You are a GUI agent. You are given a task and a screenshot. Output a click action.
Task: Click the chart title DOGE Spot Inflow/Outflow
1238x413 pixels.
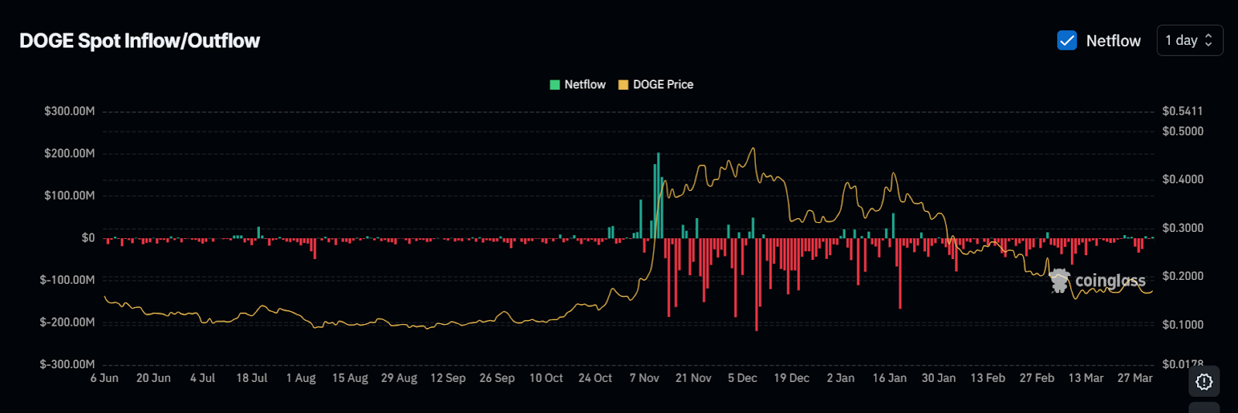(139, 41)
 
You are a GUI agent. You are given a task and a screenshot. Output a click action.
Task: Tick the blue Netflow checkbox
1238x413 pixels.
(1067, 40)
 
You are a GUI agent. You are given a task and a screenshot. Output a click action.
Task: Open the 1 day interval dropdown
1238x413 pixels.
(1189, 40)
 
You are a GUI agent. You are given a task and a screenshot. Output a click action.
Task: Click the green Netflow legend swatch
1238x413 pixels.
(555, 84)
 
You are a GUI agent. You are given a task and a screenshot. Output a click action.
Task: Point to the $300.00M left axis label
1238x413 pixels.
(70, 111)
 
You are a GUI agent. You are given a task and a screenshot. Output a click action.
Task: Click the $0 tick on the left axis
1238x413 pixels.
(88, 237)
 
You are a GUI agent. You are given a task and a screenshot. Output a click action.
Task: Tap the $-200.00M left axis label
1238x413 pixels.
(67, 322)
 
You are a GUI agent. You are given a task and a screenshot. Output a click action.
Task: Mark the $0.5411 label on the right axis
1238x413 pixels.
(1182, 111)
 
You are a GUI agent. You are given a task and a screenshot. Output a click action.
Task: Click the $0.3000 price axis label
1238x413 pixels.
(1182, 228)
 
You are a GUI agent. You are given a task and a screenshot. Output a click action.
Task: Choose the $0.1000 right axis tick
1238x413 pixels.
(1182, 325)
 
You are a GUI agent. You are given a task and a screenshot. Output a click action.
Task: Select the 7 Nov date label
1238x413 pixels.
(644, 378)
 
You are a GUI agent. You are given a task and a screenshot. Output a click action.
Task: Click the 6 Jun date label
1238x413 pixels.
(104, 378)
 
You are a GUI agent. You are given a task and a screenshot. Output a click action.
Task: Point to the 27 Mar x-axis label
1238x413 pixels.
(1134, 378)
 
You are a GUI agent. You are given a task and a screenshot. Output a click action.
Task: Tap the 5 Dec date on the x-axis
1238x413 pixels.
(742, 378)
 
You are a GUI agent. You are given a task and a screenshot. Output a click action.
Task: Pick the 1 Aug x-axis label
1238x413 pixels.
(301, 378)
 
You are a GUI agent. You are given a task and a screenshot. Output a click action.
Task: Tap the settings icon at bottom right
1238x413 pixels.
(1204, 381)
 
